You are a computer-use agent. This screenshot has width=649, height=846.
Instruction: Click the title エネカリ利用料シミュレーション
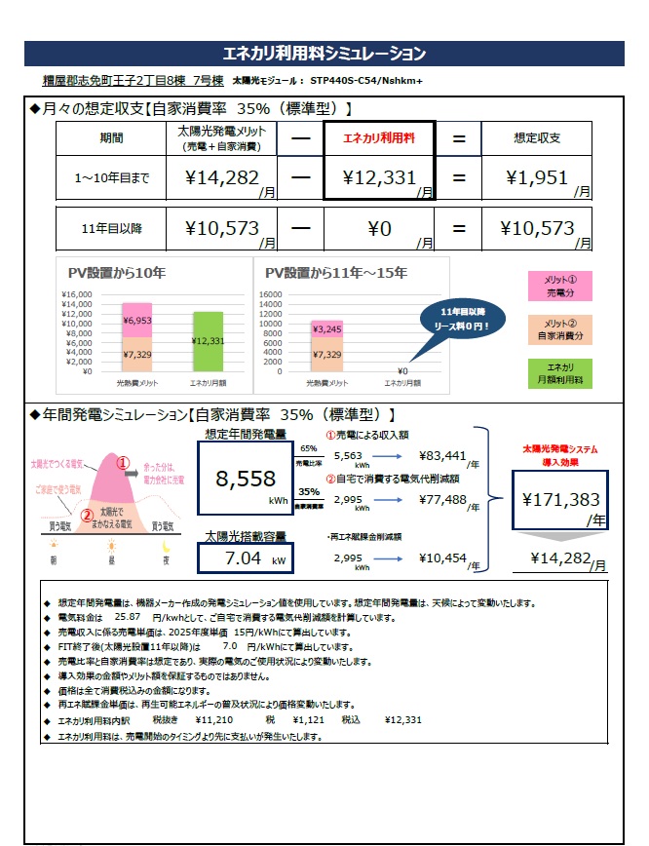click(324, 53)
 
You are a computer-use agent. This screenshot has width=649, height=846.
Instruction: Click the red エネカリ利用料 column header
click(378, 138)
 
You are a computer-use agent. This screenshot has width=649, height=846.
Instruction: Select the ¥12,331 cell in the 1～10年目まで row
click(378, 177)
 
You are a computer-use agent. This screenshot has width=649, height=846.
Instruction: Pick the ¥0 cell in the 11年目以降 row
click(378, 229)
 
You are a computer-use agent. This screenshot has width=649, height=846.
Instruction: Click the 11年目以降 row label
click(111, 229)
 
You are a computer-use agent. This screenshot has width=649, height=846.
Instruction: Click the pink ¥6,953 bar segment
click(136, 320)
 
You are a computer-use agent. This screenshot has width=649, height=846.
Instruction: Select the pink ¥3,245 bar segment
click(327, 329)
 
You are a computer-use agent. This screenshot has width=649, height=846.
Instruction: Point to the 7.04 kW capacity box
click(243, 558)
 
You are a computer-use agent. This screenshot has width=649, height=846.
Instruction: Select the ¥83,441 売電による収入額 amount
click(442, 454)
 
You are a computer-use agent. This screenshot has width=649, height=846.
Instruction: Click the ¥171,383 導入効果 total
click(560, 499)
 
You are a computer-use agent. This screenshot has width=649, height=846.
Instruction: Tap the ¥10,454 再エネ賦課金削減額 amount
click(442, 559)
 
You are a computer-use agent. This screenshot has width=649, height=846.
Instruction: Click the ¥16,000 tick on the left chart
click(76, 294)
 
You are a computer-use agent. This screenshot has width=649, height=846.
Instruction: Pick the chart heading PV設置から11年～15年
click(336, 272)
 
